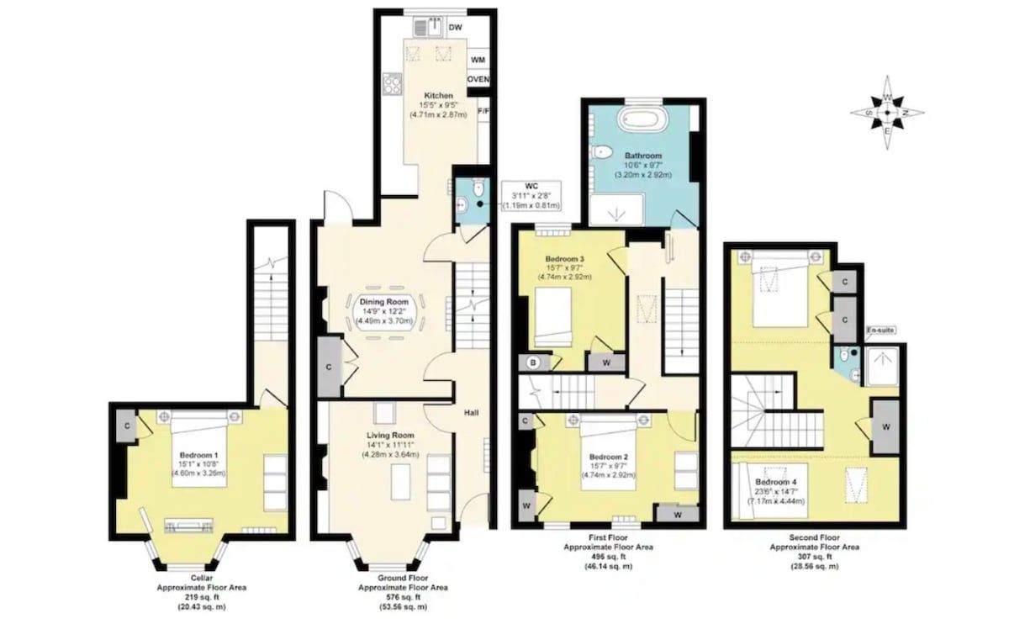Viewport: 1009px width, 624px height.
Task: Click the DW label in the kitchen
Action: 456,28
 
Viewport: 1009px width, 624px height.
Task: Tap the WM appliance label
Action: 478,60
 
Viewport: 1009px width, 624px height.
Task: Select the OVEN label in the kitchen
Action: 478,79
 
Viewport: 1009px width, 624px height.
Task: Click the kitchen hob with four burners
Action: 392,84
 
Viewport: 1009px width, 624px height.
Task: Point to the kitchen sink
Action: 428,28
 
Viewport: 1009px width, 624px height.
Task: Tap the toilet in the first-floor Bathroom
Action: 601,152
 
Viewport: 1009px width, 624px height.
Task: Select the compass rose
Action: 887,113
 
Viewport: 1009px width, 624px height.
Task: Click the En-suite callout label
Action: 880,331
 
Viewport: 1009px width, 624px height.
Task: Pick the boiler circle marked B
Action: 533,362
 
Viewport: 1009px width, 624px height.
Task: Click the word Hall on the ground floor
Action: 471,413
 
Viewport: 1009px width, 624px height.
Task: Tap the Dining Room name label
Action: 383,302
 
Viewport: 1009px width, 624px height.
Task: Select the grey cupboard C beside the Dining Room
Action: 329,368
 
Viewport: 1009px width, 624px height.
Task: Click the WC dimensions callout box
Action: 531,196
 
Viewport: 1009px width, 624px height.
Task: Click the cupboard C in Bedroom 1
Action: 128,426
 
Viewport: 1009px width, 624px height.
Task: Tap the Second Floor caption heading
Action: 815,537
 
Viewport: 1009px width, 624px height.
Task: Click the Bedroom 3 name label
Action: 564,259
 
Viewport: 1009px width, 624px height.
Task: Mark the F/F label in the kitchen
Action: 483,111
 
